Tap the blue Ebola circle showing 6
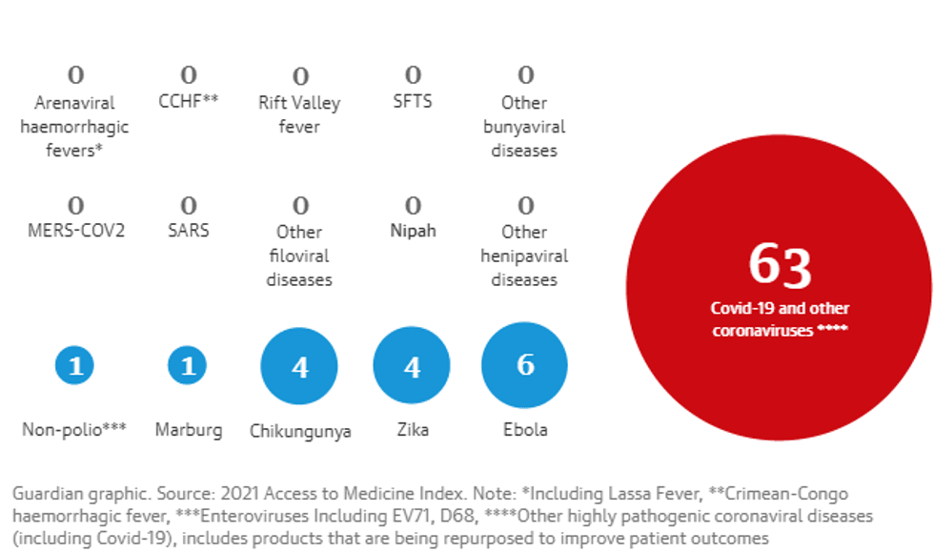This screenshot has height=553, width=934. (524, 365)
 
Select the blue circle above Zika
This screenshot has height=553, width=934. (412, 366)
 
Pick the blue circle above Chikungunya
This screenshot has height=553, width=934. (299, 366)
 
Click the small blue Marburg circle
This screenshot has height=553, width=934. (188, 365)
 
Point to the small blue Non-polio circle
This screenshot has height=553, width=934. (74, 365)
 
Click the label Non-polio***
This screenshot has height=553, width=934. (74, 430)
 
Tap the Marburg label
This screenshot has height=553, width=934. (189, 430)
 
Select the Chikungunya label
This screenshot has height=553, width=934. (300, 431)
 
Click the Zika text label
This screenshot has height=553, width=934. (412, 430)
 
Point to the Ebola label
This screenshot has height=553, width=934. (525, 430)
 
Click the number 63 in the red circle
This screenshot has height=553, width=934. (780, 266)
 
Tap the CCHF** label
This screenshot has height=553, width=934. (189, 101)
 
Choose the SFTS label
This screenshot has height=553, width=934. (413, 101)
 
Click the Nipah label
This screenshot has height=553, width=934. (413, 231)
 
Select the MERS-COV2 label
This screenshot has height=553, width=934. (74, 231)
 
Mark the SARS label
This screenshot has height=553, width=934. (189, 231)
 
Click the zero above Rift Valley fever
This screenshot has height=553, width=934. (300, 76)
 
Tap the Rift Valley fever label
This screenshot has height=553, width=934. (299, 114)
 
